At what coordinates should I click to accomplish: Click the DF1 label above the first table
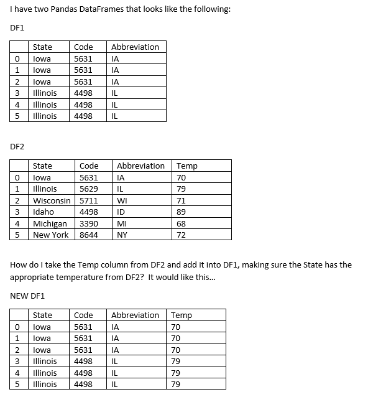click(x=17, y=28)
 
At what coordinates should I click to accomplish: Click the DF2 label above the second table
click(x=17, y=146)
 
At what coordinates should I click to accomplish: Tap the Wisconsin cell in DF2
click(x=52, y=200)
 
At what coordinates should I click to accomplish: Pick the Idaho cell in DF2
click(x=44, y=212)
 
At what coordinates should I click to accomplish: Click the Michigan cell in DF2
click(x=50, y=223)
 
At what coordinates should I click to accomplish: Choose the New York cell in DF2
click(x=50, y=235)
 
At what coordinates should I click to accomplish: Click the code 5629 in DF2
click(x=89, y=189)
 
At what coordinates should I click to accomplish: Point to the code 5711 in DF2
click(x=89, y=200)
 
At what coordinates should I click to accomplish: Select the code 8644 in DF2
click(x=89, y=235)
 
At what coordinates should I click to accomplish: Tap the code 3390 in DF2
click(x=89, y=223)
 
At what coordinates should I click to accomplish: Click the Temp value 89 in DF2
click(x=182, y=212)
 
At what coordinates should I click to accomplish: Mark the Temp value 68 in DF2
click(x=182, y=223)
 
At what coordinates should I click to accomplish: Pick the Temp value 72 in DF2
click(x=182, y=235)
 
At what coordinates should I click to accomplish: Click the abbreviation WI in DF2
click(x=122, y=200)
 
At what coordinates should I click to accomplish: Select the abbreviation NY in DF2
click(x=122, y=235)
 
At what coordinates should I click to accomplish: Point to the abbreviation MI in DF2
click(x=122, y=223)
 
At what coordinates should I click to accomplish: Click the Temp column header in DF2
click(x=187, y=166)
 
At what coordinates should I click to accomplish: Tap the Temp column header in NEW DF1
click(x=181, y=315)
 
